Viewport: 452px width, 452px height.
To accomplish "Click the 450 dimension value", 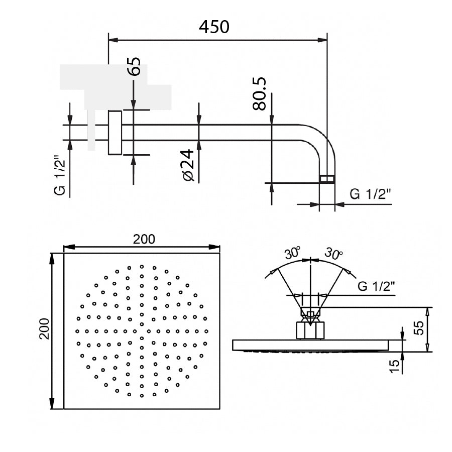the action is pos(214,27).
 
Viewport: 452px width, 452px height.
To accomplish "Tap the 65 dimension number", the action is pos(134,66).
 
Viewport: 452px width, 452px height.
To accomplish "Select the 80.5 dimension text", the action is pos(259,94).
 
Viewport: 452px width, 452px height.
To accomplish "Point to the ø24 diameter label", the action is pos(188,165).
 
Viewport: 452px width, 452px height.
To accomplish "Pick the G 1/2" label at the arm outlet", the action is pos(371,194).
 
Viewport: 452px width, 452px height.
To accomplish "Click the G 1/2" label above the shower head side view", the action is pos(376,286).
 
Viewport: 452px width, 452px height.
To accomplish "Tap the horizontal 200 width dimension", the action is pos(144,239).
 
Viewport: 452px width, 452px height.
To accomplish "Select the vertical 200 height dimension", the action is pos(45,328).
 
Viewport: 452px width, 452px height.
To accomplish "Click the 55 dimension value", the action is pos(419,328).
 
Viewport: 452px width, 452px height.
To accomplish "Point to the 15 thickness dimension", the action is pos(395,366).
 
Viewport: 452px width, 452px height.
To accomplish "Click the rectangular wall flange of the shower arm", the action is pos(115,133).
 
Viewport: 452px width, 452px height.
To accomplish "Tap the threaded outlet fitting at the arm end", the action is pos(327,179).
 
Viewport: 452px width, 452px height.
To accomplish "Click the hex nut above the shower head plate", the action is pos(310,330).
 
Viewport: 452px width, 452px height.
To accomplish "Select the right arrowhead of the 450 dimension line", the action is pos(322,40).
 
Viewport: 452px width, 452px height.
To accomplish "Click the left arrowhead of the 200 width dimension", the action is pos(69,247).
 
